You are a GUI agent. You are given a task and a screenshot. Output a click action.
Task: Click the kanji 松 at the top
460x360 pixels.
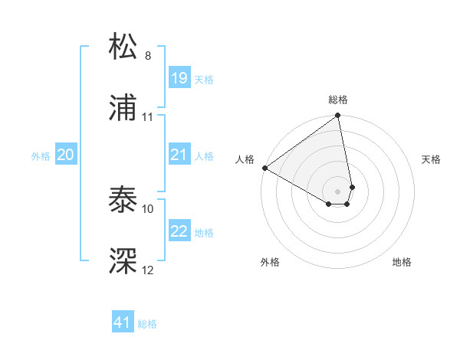pyautogui.click(x=123, y=47)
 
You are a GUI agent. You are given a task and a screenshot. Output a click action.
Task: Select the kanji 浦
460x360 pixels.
pyautogui.click(x=123, y=108)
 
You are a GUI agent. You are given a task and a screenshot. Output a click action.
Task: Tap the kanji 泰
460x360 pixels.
pyautogui.click(x=123, y=200)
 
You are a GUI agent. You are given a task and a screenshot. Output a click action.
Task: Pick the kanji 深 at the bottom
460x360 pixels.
pyautogui.click(x=123, y=261)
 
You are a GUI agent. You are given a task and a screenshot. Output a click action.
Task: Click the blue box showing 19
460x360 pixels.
pyautogui.click(x=179, y=78)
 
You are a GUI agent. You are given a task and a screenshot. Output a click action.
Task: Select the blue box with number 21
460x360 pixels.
pyautogui.click(x=179, y=155)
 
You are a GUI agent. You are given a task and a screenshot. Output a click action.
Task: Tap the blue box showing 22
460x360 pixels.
pyautogui.click(x=179, y=231)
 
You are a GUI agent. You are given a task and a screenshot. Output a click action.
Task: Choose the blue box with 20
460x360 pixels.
pyautogui.click(x=66, y=155)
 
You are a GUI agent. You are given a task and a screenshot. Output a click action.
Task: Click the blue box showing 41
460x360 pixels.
pyautogui.click(x=123, y=322)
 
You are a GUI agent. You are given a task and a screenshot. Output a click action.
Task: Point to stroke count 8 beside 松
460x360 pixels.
pyautogui.click(x=148, y=56)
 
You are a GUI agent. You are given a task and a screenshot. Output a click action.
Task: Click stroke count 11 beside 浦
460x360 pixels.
pyautogui.click(x=148, y=117)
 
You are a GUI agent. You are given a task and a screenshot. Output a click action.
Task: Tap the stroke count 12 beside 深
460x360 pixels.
pyautogui.click(x=148, y=270)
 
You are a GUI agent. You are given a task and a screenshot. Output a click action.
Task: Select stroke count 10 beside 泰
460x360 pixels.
pyautogui.click(x=148, y=208)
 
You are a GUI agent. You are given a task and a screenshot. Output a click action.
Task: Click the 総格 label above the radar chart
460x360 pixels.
pyautogui.click(x=338, y=100)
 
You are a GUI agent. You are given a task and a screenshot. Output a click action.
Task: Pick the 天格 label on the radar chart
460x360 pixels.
pyautogui.click(x=432, y=159)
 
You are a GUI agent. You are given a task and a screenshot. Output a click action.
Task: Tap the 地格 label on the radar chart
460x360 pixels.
pyautogui.click(x=402, y=263)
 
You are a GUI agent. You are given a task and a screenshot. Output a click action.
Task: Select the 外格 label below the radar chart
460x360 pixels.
pyautogui.click(x=270, y=263)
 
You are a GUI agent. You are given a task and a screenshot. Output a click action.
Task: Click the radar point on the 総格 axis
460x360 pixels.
pyautogui.click(x=338, y=116)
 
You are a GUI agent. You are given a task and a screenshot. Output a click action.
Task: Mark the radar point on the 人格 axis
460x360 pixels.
pyautogui.click(x=264, y=167)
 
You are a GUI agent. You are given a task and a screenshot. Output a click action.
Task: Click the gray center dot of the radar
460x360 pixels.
pyautogui.click(x=338, y=190)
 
